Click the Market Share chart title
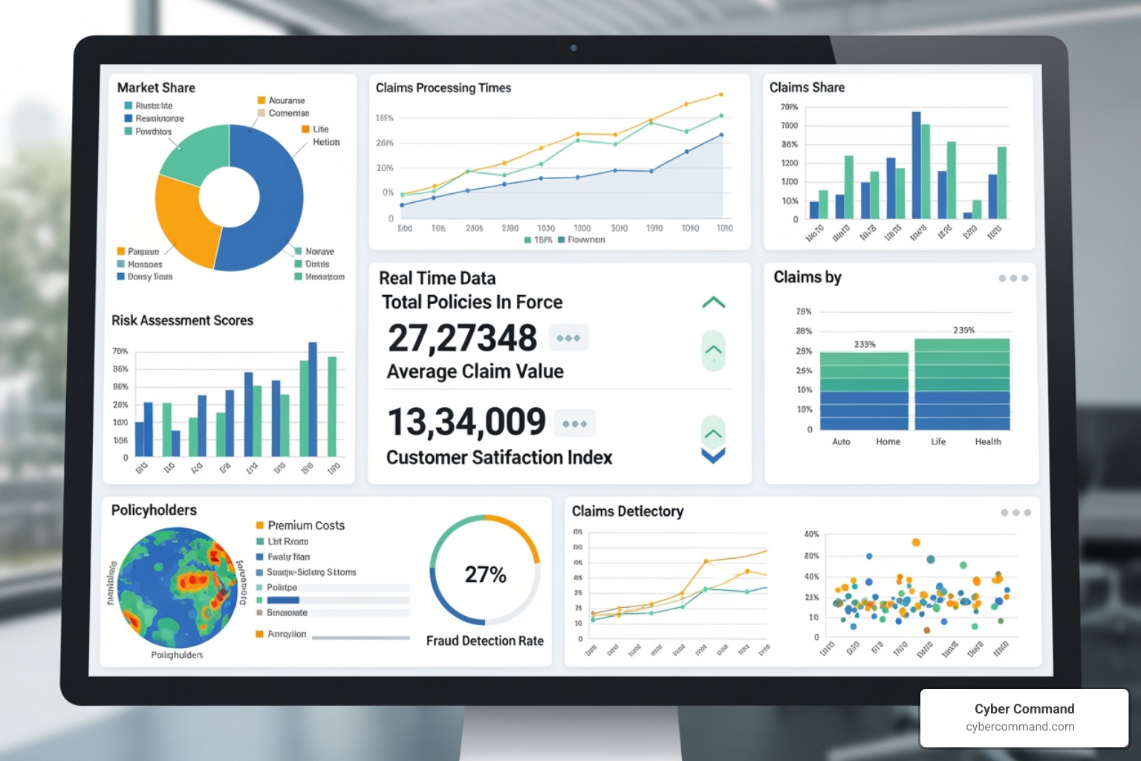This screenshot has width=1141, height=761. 156,88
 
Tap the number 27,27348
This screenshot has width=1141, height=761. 462,338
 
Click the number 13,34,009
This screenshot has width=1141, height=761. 467,422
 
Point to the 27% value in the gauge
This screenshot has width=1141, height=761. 485,574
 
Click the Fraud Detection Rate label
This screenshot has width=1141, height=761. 484,641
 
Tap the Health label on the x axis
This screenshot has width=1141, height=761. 988,441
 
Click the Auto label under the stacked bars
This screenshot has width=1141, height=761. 841,441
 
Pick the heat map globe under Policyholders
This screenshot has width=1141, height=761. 177,587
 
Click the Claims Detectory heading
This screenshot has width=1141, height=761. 627,511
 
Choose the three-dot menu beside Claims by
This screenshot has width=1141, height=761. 1013,279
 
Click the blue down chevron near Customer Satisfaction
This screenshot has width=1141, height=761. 713,456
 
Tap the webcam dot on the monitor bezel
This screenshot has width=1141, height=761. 573,48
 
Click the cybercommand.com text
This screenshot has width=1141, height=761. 1020,727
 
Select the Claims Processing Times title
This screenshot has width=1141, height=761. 443,88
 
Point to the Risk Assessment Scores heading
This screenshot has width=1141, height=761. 182,320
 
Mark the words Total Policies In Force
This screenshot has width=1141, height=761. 472,302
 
